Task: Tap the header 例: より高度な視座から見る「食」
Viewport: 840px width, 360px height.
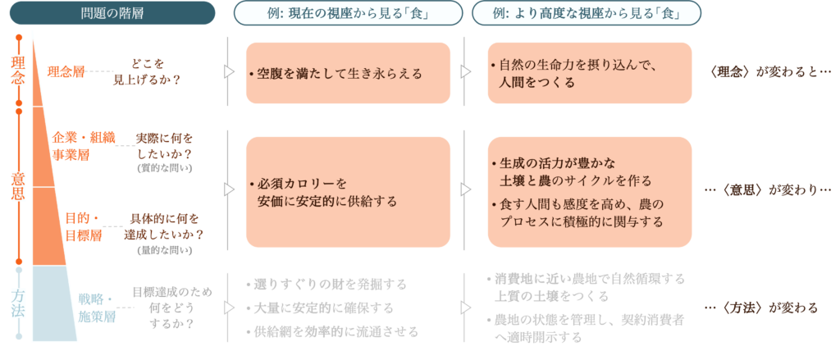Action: pyautogui.click(x=587, y=14)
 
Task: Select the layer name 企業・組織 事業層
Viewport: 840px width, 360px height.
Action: pyautogui.click(x=84, y=144)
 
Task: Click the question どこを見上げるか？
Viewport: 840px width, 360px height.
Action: pyautogui.click(x=157, y=71)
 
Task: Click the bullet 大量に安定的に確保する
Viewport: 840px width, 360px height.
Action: pyautogui.click(x=324, y=308)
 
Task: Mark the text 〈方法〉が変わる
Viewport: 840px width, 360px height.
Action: pyautogui.click(x=762, y=308)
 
